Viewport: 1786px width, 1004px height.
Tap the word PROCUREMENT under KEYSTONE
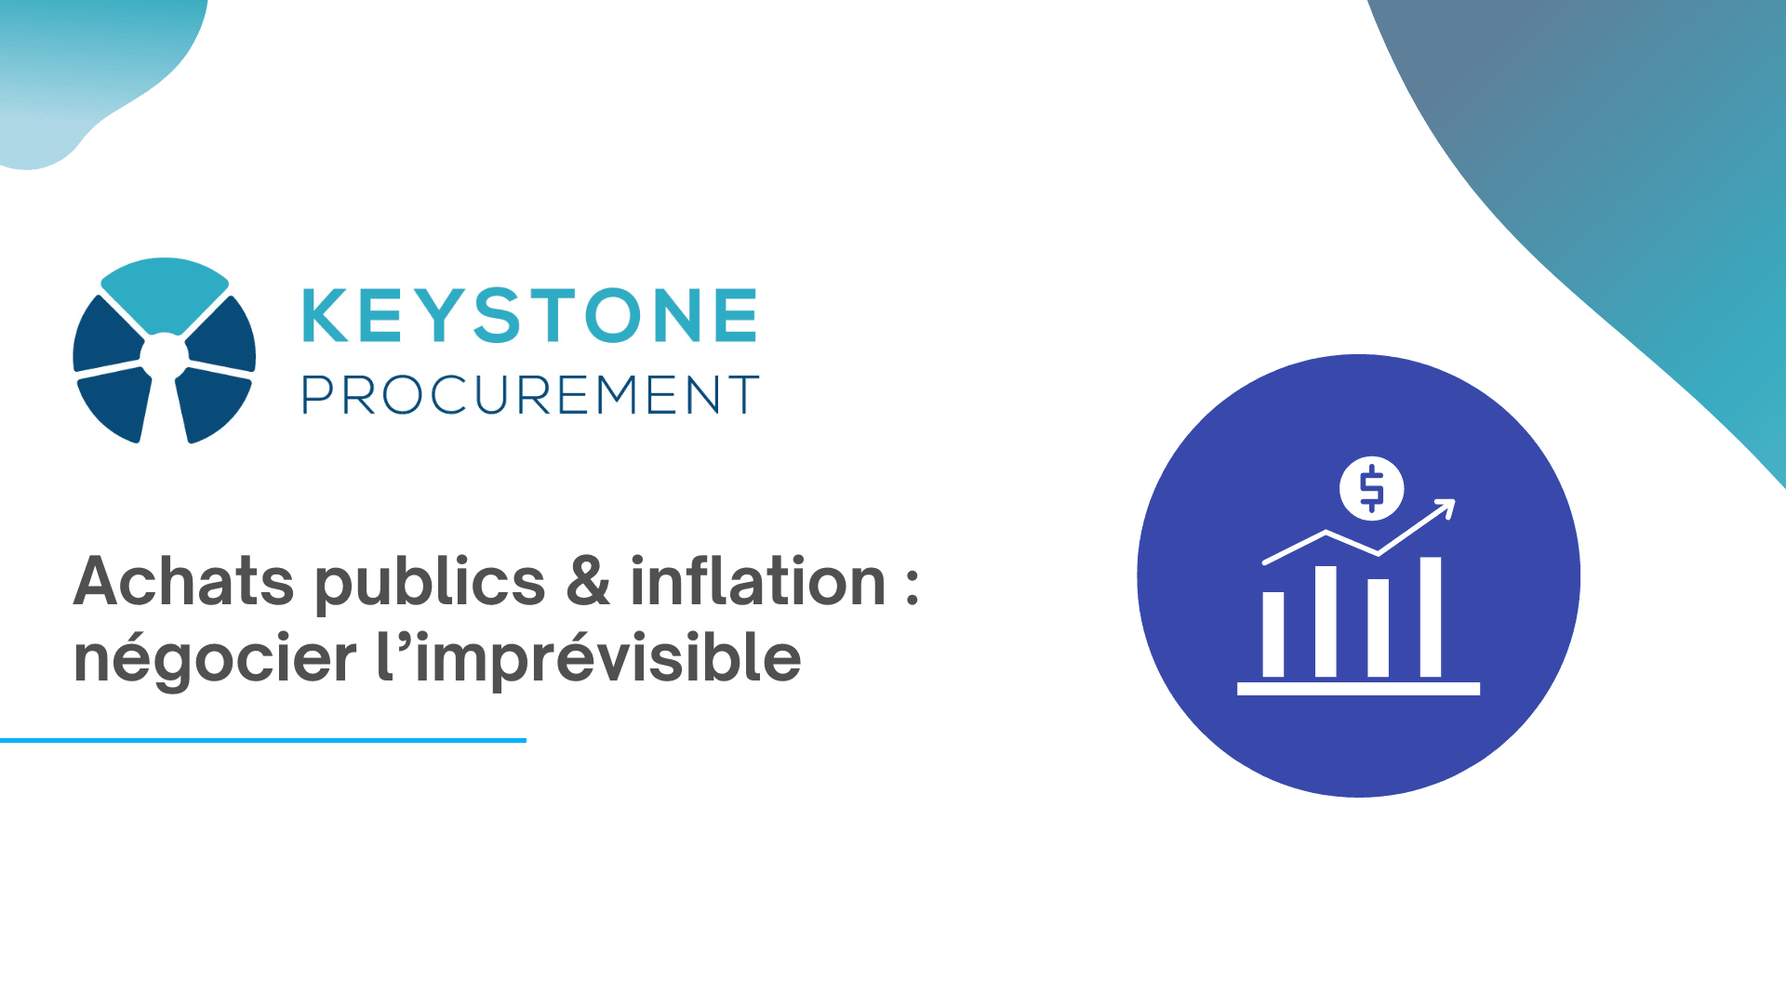(530, 395)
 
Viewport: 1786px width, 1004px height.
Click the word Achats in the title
(184, 582)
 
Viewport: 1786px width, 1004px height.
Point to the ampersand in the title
(588, 582)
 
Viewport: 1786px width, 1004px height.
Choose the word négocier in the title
(215, 660)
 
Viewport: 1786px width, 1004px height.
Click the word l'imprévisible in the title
(589, 660)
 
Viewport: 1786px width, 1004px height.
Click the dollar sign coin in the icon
(1372, 488)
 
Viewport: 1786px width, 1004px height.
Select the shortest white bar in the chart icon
(1273, 635)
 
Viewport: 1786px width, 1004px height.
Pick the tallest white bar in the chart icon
(1431, 617)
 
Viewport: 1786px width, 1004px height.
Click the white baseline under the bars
(1358, 689)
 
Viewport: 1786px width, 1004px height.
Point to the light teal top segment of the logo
(165, 290)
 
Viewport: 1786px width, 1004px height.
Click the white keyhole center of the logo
(165, 357)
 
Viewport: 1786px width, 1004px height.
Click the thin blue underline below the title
(263, 740)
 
